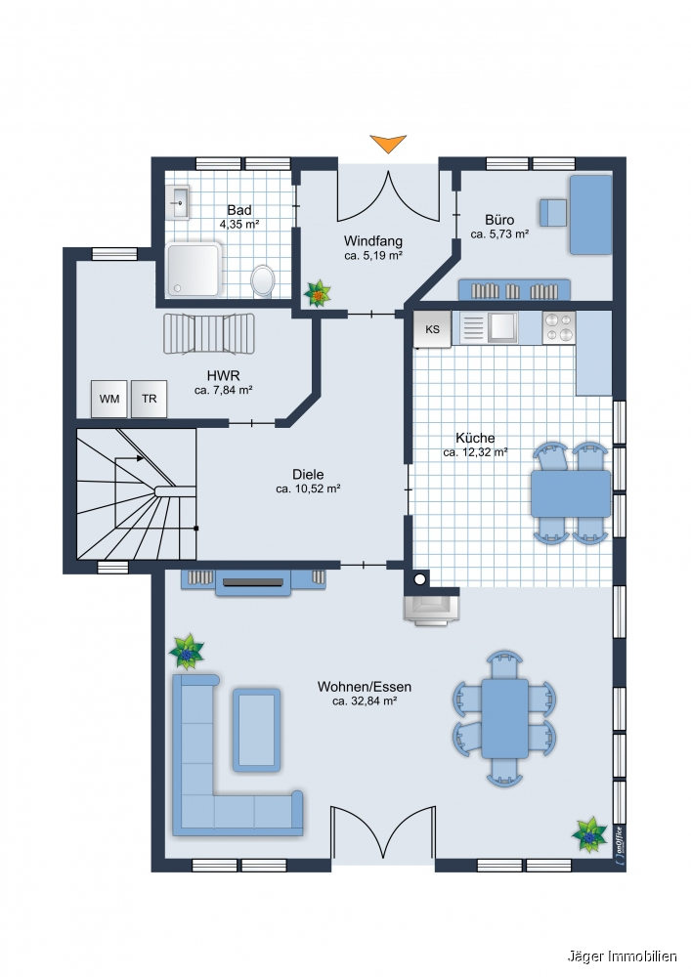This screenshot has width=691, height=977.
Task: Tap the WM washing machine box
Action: pos(109,399)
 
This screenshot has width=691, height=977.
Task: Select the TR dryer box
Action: pos(149,399)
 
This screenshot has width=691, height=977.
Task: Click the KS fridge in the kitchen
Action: pos(432,329)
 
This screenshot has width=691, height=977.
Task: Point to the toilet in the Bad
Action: pos(263,280)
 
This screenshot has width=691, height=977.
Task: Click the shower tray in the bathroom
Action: pos(194,270)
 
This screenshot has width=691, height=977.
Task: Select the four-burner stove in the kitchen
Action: pos(559,327)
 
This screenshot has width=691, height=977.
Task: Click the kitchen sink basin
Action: pos(502,326)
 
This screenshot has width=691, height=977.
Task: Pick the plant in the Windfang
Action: pos(318,293)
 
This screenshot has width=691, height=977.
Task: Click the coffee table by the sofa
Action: pos(256,730)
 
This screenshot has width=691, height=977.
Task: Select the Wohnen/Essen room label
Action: pos(365,687)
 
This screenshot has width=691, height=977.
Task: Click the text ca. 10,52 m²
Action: pos(308,489)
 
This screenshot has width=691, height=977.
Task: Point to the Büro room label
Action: pos(499,220)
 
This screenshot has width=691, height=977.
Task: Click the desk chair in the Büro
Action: pos(553,213)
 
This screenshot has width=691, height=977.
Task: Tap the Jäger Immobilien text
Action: pos(622,956)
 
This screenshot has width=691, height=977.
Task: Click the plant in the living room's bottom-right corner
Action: pos(588,835)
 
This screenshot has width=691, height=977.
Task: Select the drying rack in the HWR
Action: pos(209,334)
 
